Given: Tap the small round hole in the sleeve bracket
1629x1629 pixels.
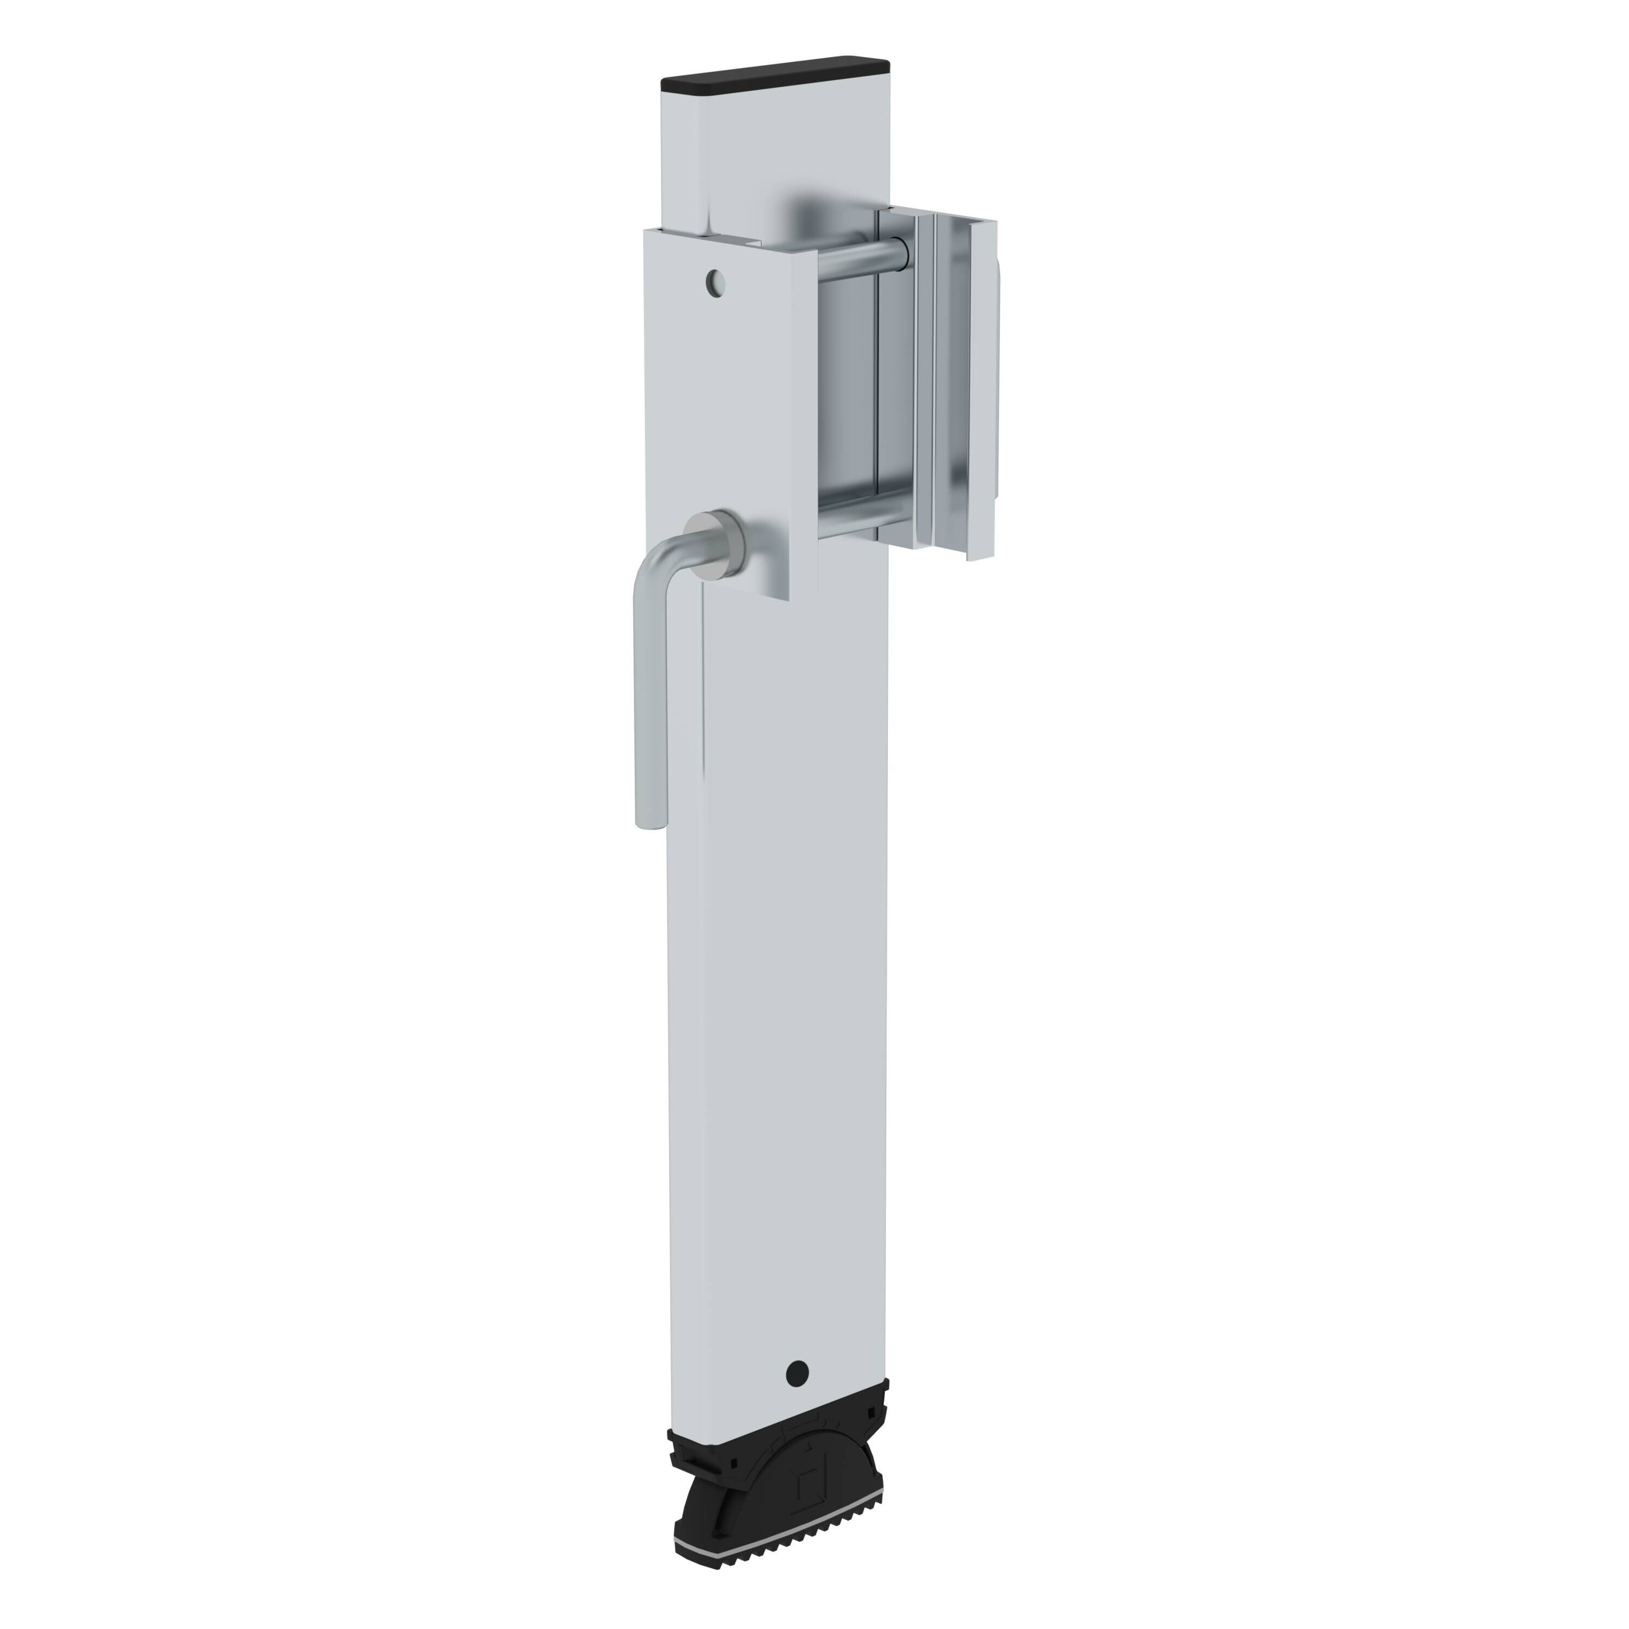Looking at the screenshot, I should coord(716,283).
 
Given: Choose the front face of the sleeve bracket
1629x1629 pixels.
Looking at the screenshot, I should coord(717,405).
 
